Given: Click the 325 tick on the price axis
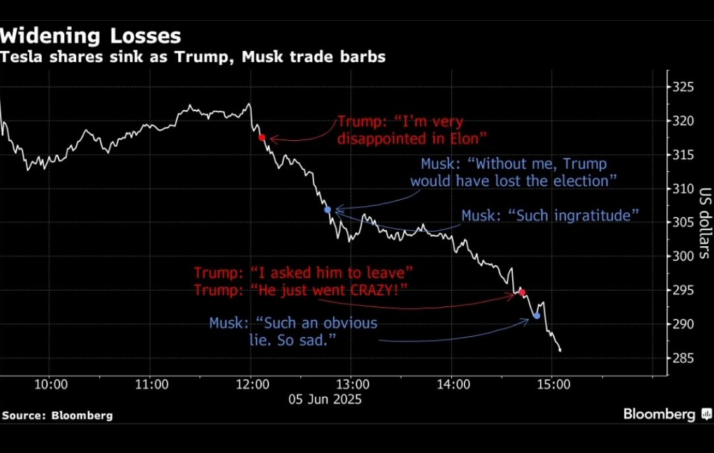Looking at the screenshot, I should pos(684,87).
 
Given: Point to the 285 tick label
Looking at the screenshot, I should pos(684,358).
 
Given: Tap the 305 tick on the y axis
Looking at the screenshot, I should pos(684,223).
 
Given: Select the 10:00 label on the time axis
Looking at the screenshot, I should pos(51,384).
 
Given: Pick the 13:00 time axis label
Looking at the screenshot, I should pos(352,384).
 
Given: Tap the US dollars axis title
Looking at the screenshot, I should pos(704,222).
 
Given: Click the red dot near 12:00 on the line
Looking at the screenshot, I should pos(262,137).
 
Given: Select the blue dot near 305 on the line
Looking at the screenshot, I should pos(327,209).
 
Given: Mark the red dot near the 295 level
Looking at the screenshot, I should pos(522,292).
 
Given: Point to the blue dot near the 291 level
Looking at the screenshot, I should pos(537,315).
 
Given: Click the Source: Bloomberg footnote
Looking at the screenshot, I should pos(57,416).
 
